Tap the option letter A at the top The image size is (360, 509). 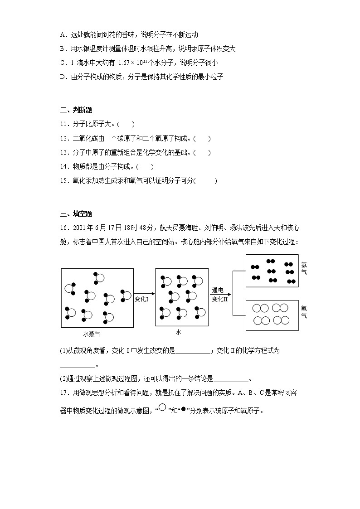[63, 35]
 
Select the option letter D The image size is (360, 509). [63, 77]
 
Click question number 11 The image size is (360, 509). [64, 124]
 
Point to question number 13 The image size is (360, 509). [64, 152]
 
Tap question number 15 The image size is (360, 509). [64, 181]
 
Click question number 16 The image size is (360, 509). [64, 228]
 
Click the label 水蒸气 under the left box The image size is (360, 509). [92, 334]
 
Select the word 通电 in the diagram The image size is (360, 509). [218, 290]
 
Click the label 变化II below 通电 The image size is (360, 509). [219, 299]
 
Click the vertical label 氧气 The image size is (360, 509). [304, 312]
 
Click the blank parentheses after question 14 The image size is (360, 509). [146, 167]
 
